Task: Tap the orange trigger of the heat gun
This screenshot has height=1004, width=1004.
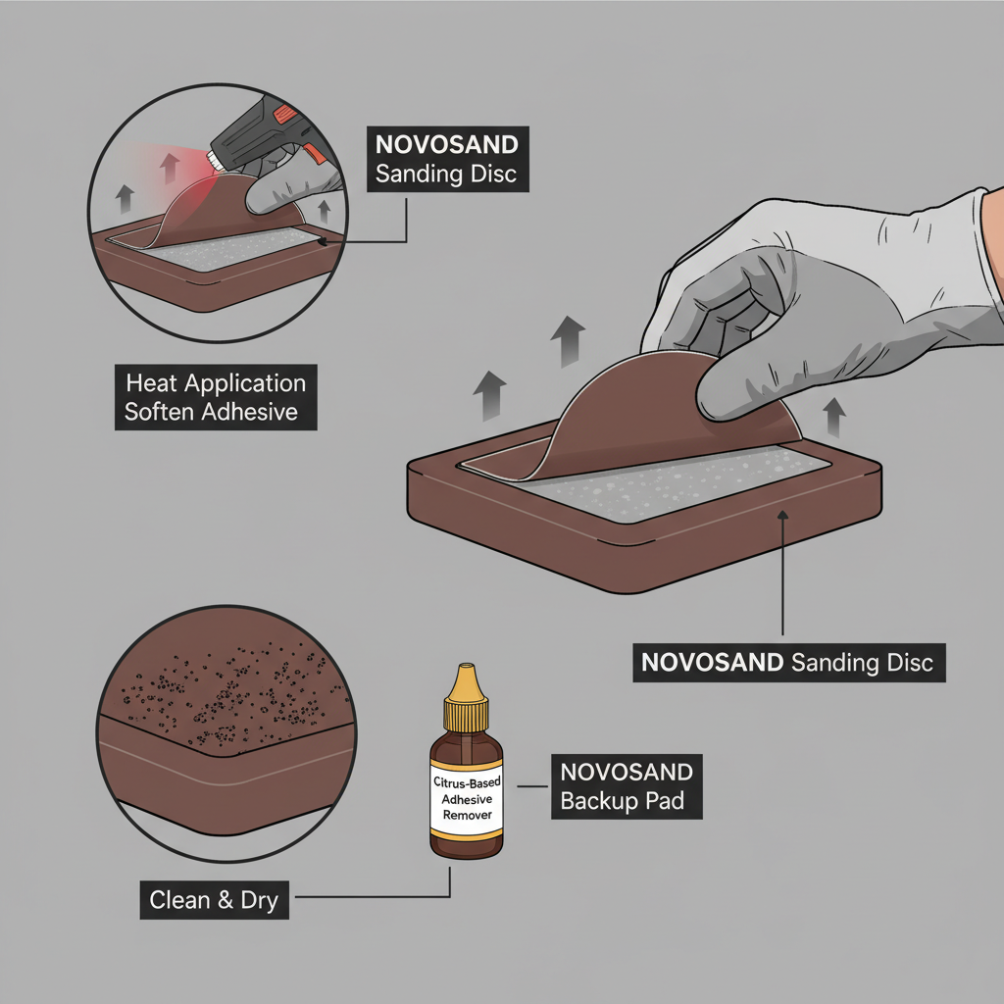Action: click(313, 153)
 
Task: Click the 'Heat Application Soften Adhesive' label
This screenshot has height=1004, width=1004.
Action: click(216, 396)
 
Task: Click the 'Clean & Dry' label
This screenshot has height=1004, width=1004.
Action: click(214, 898)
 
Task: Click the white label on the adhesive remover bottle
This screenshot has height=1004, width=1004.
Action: click(466, 799)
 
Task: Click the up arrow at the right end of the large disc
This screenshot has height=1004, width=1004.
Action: click(834, 418)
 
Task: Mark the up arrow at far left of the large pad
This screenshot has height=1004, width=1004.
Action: click(487, 396)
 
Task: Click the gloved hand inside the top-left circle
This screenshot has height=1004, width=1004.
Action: click(294, 186)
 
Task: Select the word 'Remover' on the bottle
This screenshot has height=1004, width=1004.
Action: click(466, 815)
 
